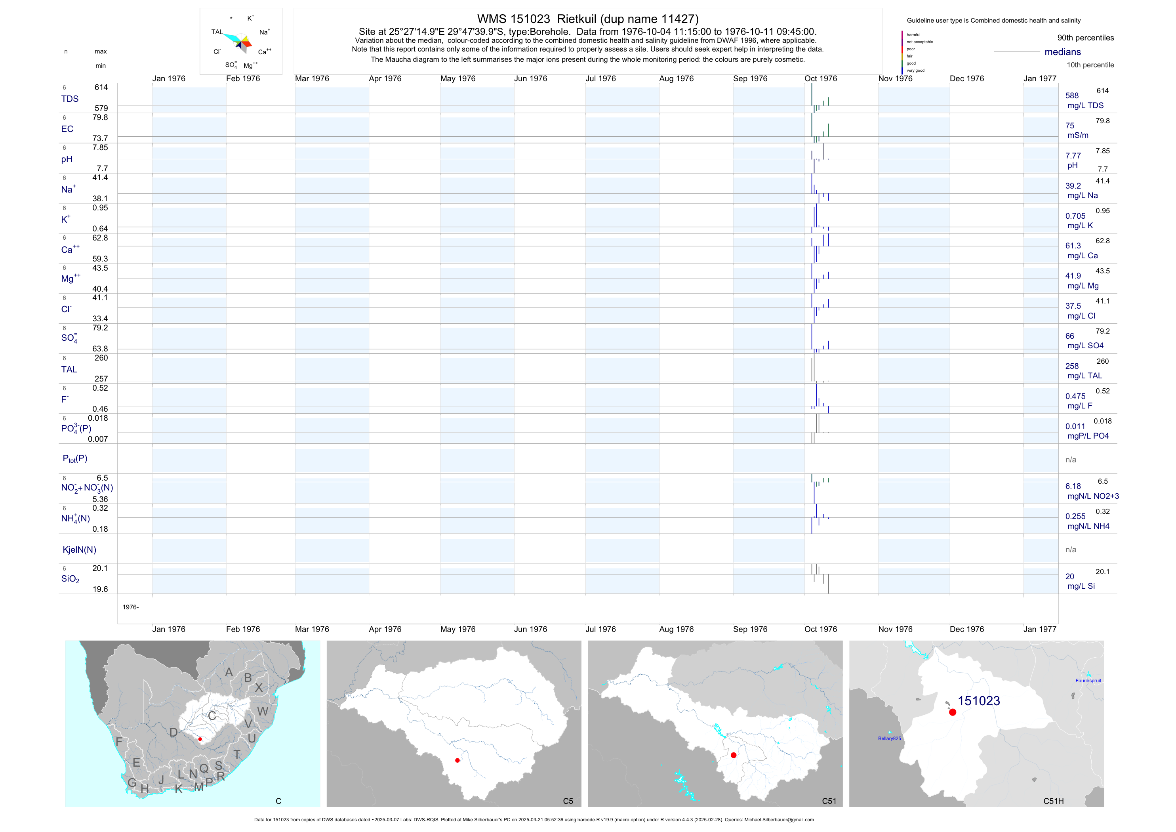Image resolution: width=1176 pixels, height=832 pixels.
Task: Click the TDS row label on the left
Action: point(70,99)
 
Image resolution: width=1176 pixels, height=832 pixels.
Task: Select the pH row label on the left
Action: point(67,159)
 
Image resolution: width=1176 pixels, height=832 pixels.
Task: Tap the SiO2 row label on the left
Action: point(70,579)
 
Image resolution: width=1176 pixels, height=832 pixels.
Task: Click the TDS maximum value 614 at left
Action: point(101,88)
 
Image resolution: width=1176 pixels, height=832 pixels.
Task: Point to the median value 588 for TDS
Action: point(1072,96)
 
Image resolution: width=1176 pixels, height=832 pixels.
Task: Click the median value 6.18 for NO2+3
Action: point(1073,486)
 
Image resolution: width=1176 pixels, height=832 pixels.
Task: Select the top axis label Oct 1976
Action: point(821,79)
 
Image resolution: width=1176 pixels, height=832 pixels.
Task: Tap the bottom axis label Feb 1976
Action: point(243,629)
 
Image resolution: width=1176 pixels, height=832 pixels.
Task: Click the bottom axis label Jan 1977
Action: point(1040,629)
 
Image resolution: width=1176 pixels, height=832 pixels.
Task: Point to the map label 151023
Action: point(979,701)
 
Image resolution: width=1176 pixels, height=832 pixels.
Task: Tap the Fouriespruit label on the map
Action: point(1088,681)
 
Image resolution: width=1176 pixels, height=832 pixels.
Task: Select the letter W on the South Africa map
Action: point(263,711)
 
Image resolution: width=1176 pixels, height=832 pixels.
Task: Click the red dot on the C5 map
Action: point(457,760)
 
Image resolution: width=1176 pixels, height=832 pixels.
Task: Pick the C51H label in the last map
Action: point(1054,801)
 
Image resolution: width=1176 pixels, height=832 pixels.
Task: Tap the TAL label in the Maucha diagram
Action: point(217,32)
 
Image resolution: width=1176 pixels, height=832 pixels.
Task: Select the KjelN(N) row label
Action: point(79,550)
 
